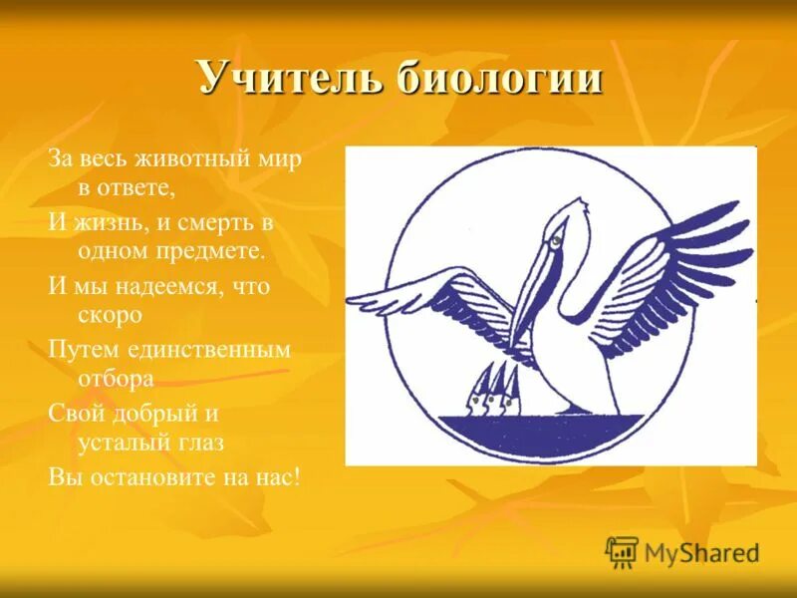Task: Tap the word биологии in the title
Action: [x=501, y=78]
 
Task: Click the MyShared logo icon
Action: [x=622, y=551]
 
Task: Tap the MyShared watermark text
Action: [x=701, y=552]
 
